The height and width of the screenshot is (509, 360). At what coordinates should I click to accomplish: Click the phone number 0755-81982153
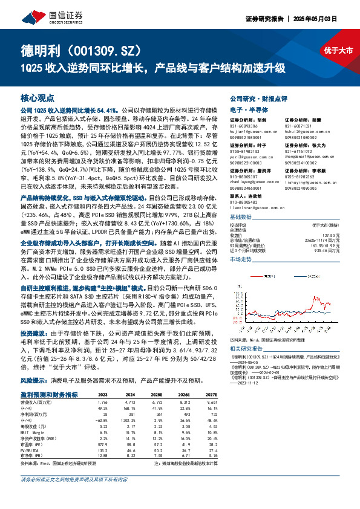pyautogui.click(x=228, y=152)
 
